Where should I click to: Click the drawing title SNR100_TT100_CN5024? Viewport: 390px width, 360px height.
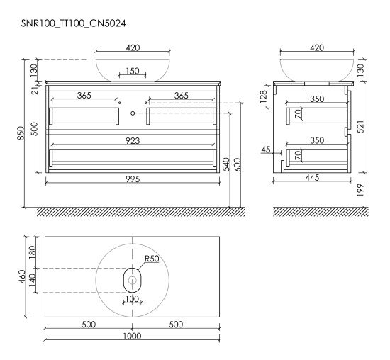[73, 23]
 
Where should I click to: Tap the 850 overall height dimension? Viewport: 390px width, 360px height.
[21, 133]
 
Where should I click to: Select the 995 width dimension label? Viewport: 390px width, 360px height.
[133, 179]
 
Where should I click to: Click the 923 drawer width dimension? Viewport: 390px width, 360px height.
[133, 141]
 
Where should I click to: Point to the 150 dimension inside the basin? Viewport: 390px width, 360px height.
[133, 71]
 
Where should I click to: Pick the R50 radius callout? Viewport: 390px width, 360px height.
[152, 259]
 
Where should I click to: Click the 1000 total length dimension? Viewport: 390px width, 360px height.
[133, 336]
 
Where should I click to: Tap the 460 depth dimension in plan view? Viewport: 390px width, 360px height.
[23, 276]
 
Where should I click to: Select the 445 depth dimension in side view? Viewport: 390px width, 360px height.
[312, 177]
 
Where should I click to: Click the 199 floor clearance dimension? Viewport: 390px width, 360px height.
[361, 191]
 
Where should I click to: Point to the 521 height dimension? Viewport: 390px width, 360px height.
[361, 127]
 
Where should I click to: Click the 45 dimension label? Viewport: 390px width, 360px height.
[266, 150]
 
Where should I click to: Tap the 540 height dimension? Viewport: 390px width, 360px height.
[227, 164]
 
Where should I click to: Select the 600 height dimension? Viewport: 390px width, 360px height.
[238, 164]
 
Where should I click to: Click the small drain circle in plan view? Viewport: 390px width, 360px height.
[132, 280]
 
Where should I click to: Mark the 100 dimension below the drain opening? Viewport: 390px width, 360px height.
[132, 298]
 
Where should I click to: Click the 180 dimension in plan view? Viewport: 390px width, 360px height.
[33, 252]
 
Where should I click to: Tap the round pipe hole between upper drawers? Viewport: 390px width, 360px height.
[133, 113]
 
